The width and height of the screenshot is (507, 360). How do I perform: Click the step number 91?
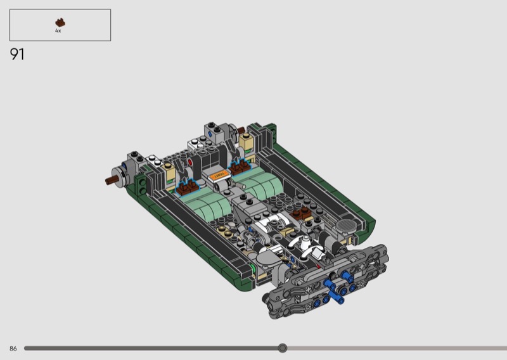tap(17, 55)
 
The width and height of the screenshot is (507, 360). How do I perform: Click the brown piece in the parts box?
tap(60, 23)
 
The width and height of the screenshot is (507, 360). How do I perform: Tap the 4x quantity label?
tap(58, 30)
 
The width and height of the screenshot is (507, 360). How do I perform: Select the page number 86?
tap(13, 349)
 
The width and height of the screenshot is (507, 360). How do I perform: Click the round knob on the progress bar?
tap(283, 348)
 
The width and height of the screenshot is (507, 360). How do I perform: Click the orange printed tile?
tap(219, 176)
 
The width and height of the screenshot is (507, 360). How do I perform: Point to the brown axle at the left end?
tap(112, 180)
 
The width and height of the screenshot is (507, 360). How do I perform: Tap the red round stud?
tap(190, 162)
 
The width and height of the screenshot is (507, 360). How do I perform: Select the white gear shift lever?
tap(306, 242)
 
